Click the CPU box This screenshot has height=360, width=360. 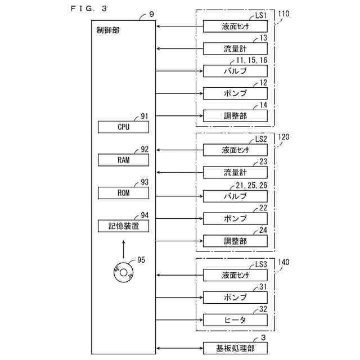tap(124, 127)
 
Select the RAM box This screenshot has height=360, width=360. tap(124, 160)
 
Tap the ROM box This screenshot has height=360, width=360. tap(124, 193)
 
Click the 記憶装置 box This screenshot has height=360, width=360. tap(124, 226)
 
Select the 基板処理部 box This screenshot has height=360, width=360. tap(235, 348)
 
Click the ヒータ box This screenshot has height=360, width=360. tap(235, 319)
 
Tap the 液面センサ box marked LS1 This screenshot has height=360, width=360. tap(235, 26)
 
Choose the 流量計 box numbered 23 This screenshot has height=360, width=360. tap(235, 172)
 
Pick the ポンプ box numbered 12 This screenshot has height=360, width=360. tap(235, 93)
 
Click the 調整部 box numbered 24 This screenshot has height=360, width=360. tap(235, 241)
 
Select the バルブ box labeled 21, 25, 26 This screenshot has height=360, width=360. tap(235, 196)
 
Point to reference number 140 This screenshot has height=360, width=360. tap(284, 262)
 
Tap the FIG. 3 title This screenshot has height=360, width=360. tap(89, 8)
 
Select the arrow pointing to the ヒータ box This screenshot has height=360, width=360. tap(178, 319)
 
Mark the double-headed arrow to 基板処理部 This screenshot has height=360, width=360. tap(178, 348)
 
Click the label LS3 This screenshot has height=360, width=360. tap(260, 264)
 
